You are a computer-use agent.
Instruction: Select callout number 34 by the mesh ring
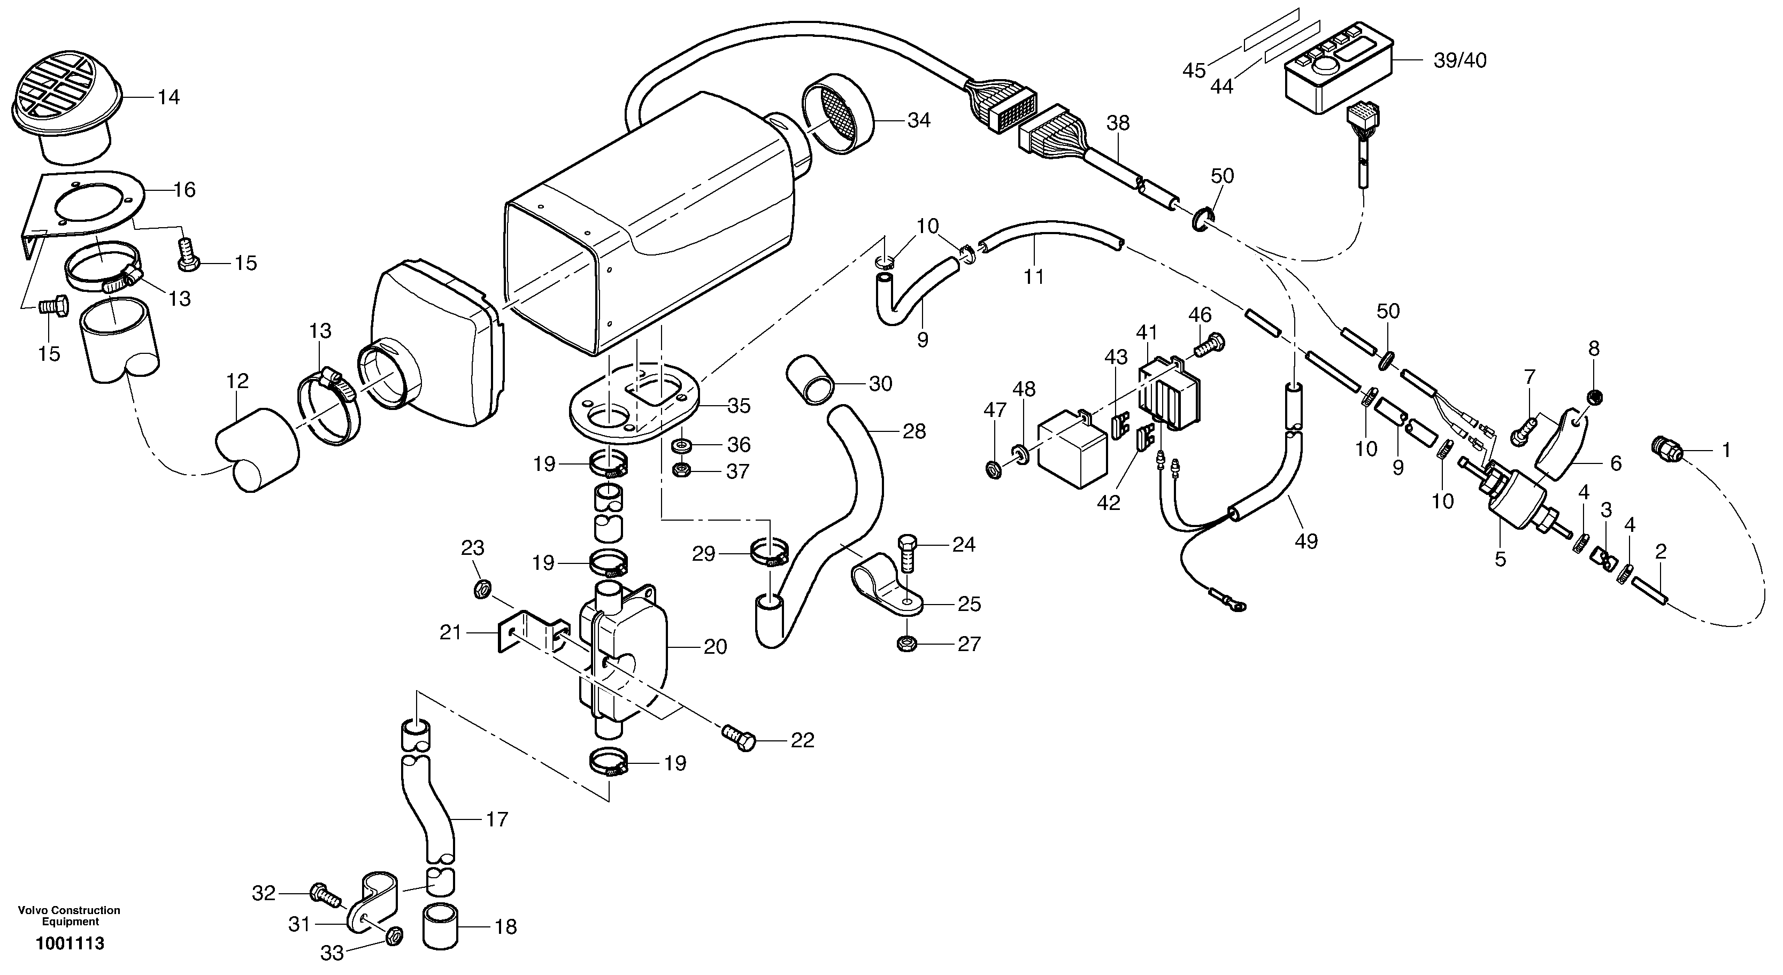(x=919, y=120)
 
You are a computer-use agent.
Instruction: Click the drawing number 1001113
(x=70, y=943)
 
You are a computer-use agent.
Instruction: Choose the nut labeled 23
(x=482, y=589)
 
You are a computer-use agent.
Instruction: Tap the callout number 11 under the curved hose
(x=1033, y=277)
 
